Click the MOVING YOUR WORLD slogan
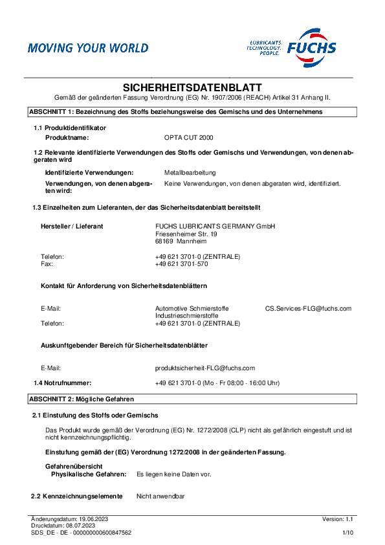(x=87, y=48)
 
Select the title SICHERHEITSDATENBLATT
(x=192, y=87)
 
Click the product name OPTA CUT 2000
(x=188, y=138)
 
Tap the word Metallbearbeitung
(x=190, y=173)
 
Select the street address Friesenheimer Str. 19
(x=186, y=234)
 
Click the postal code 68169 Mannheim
(x=181, y=241)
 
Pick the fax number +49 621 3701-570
(x=181, y=264)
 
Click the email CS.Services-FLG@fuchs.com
(x=308, y=309)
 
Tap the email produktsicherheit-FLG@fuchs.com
(x=205, y=368)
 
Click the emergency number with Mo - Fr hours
(x=217, y=383)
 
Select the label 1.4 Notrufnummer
(x=63, y=383)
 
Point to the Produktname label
(x=67, y=138)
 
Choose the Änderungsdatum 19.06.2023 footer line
(x=69, y=519)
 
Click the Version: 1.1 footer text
(x=338, y=519)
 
